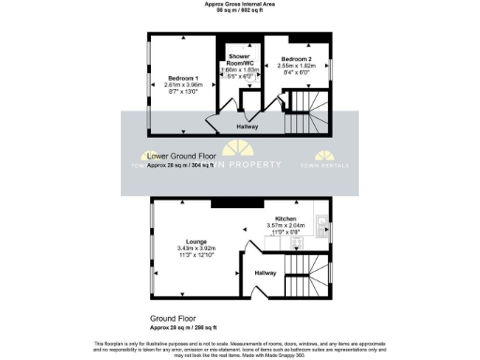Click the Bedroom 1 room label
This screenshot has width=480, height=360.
[x=183, y=77]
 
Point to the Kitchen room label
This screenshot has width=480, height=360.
[x=286, y=217]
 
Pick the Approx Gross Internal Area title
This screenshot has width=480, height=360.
[x=240, y=4]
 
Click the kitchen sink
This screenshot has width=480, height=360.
[x=321, y=225]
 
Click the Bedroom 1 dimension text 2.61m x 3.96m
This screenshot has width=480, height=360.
[x=183, y=84]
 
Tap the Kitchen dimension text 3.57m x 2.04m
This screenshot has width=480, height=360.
[x=286, y=225]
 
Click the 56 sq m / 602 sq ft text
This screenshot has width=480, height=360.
[x=240, y=10]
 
